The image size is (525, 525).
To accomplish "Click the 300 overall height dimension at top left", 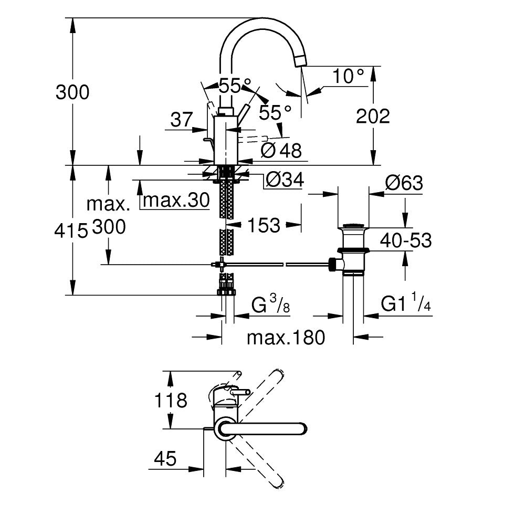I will pyautogui.click(x=72, y=92).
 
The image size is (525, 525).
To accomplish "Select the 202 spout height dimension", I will pyautogui.click(x=373, y=116).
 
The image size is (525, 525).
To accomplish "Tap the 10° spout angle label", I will pyautogui.click(x=348, y=77).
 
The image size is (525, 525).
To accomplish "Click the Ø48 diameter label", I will pyautogui.click(x=281, y=151).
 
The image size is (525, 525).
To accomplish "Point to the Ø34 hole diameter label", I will pyautogui.click(x=284, y=180).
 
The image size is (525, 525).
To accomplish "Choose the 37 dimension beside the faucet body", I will pyautogui.click(x=182, y=120).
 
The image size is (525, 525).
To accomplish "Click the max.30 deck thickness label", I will pyautogui.click(x=176, y=200).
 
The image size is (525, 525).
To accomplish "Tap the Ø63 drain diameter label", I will pyautogui.click(x=403, y=183).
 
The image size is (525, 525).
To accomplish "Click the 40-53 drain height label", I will pyautogui.click(x=406, y=241).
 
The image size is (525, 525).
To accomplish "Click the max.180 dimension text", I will pyautogui.click(x=286, y=338).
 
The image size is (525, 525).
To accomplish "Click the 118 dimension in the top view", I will pyautogui.click(x=171, y=401).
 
